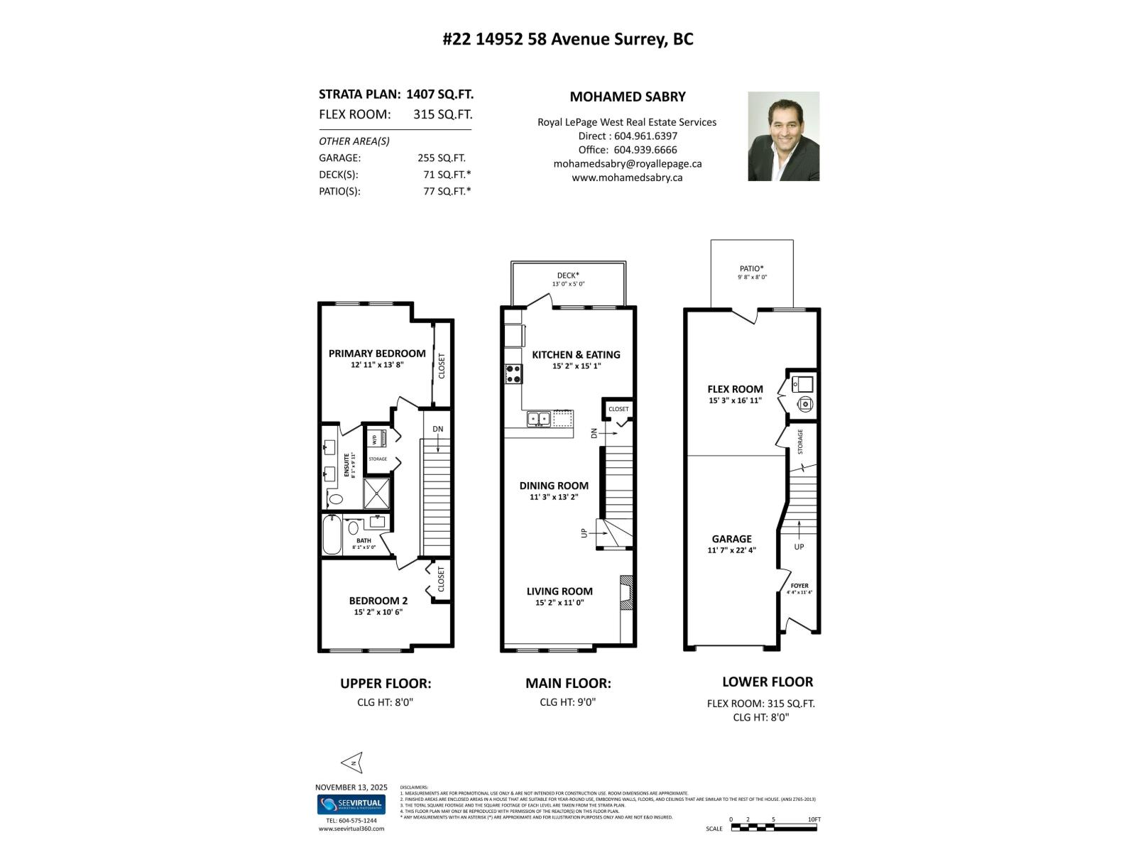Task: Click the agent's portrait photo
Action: pyautogui.click(x=783, y=136)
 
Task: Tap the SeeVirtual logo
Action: pyautogui.click(x=351, y=804)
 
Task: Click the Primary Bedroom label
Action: pyautogui.click(x=377, y=354)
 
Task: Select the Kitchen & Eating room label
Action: pyautogui.click(x=576, y=354)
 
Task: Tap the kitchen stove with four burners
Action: pyautogui.click(x=513, y=373)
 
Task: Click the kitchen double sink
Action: pyautogui.click(x=537, y=419)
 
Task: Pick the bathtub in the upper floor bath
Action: pyautogui.click(x=332, y=535)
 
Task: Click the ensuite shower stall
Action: pyautogui.click(x=377, y=493)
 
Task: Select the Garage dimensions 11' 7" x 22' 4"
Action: pyautogui.click(x=731, y=550)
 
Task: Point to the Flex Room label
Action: pyautogui.click(x=735, y=389)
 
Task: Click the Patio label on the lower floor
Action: pyautogui.click(x=752, y=268)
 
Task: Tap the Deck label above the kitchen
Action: pyautogui.click(x=568, y=275)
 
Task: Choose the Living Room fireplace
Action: pyautogui.click(x=626, y=592)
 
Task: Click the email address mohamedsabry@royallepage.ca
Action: pyautogui.click(x=627, y=163)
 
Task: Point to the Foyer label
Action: pyautogui.click(x=799, y=586)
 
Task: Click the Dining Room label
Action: pyautogui.click(x=554, y=486)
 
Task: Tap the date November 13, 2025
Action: pyautogui.click(x=351, y=787)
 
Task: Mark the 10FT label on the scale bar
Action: pyautogui.click(x=814, y=819)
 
